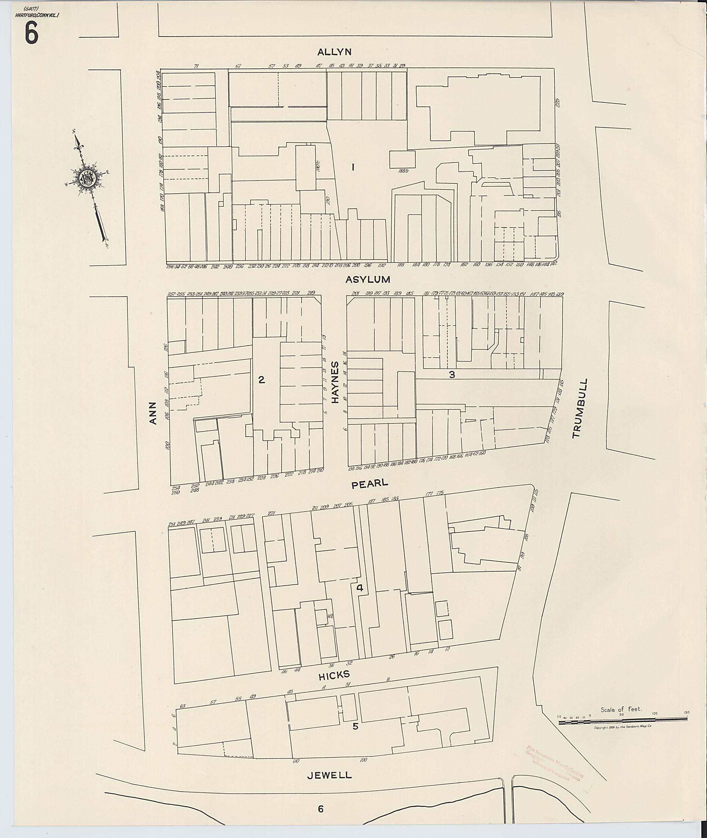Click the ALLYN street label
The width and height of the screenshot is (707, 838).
(334, 52)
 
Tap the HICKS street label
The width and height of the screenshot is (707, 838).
(334, 675)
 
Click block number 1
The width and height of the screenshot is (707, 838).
(353, 167)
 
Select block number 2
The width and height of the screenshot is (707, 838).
(261, 380)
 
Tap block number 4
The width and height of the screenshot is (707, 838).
(359, 588)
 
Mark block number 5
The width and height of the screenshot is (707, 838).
(355, 726)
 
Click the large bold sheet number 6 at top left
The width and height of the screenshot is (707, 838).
(31, 33)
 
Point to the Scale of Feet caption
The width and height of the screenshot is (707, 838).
(621, 709)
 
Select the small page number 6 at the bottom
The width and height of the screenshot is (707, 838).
(320, 809)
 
